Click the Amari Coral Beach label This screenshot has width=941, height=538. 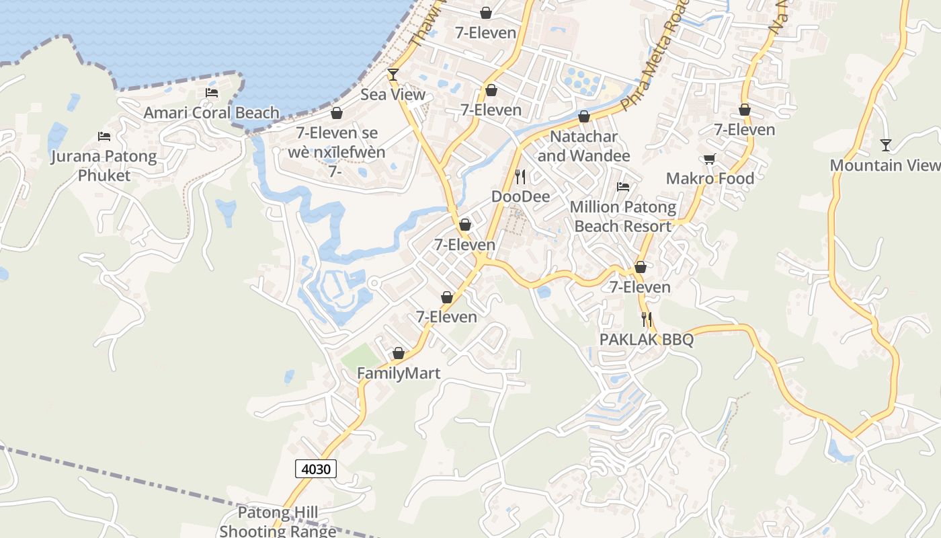pyautogui.click(x=211, y=112)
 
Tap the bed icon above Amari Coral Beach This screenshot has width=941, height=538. pyautogui.click(x=212, y=93)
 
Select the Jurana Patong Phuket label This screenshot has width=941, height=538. pyautogui.click(x=104, y=166)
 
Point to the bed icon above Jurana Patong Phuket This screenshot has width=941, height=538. pyautogui.click(x=104, y=137)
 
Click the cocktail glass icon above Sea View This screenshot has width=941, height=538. pyautogui.click(x=393, y=74)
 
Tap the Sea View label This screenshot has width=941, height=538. pyautogui.click(x=393, y=94)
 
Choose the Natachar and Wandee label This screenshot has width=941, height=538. pyautogui.click(x=583, y=146)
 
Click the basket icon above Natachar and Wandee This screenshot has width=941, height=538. pyautogui.click(x=583, y=116)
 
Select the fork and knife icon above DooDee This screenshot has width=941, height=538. pyautogui.click(x=520, y=177)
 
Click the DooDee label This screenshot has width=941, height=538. pyautogui.click(x=520, y=196)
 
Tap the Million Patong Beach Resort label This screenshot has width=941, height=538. pyautogui.click(x=622, y=217)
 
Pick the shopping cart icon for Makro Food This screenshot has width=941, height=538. pyautogui.click(x=709, y=159)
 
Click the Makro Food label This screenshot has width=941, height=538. pyautogui.click(x=710, y=178)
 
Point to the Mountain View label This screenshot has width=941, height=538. pyautogui.click(x=885, y=165)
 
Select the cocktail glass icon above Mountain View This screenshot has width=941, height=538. pyautogui.click(x=886, y=145)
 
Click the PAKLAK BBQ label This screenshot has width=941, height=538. pyautogui.click(x=646, y=340)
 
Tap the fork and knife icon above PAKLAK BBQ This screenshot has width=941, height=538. pyautogui.click(x=647, y=319)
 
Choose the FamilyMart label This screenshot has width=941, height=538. pyautogui.click(x=399, y=373)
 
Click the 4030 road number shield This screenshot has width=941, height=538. pyautogui.click(x=316, y=469)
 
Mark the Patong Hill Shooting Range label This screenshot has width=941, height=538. pyautogui.click(x=278, y=522)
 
